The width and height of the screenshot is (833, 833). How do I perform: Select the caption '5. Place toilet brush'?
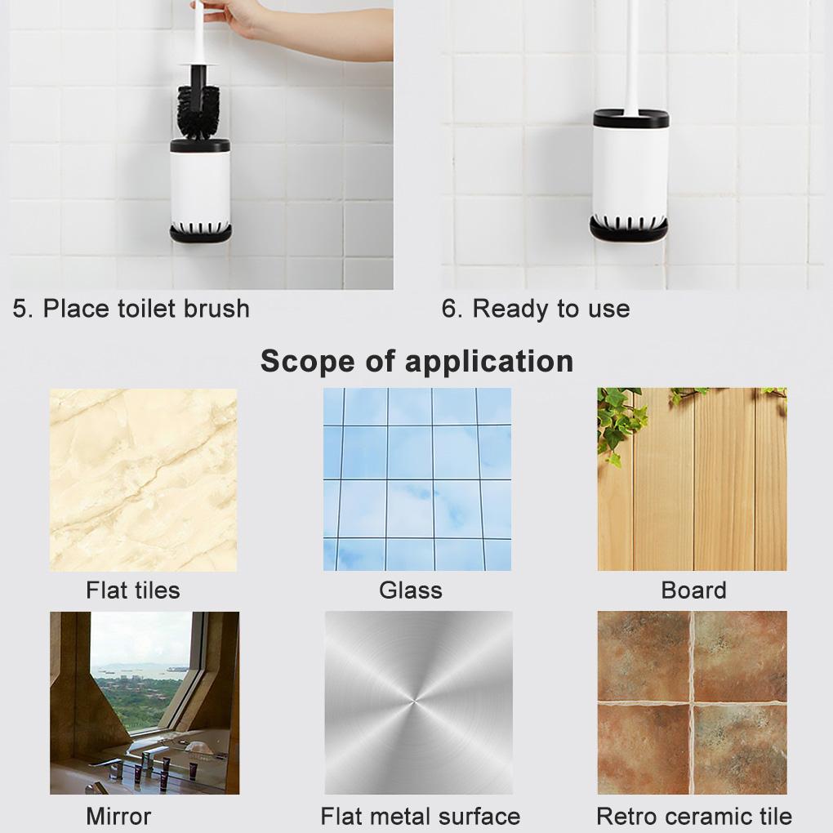point(131,309)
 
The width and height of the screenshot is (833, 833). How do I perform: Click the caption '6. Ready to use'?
point(535,309)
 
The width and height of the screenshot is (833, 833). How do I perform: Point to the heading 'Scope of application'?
point(416,361)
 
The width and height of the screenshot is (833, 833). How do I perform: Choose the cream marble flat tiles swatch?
point(143,479)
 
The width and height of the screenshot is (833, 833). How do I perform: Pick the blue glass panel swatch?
point(416,479)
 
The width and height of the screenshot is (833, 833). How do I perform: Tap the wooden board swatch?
point(692,479)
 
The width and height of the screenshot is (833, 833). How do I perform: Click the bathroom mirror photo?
point(145,702)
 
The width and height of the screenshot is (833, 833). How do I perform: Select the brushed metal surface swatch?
point(418,702)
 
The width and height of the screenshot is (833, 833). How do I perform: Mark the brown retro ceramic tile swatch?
point(692,702)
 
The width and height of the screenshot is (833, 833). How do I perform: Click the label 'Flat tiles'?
point(132,590)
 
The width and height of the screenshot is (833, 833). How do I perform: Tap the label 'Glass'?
point(410,590)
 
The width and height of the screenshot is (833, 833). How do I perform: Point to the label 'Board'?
point(693,590)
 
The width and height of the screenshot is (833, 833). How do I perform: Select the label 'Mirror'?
point(118,816)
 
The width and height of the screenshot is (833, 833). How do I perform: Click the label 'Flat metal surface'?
point(420,816)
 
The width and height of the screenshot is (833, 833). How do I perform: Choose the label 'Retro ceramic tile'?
point(693,816)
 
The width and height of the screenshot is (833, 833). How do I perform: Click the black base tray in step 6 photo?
point(630,231)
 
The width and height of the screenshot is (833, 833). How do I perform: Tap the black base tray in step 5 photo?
point(201,234)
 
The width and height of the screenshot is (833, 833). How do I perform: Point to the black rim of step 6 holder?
point(630,119)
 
